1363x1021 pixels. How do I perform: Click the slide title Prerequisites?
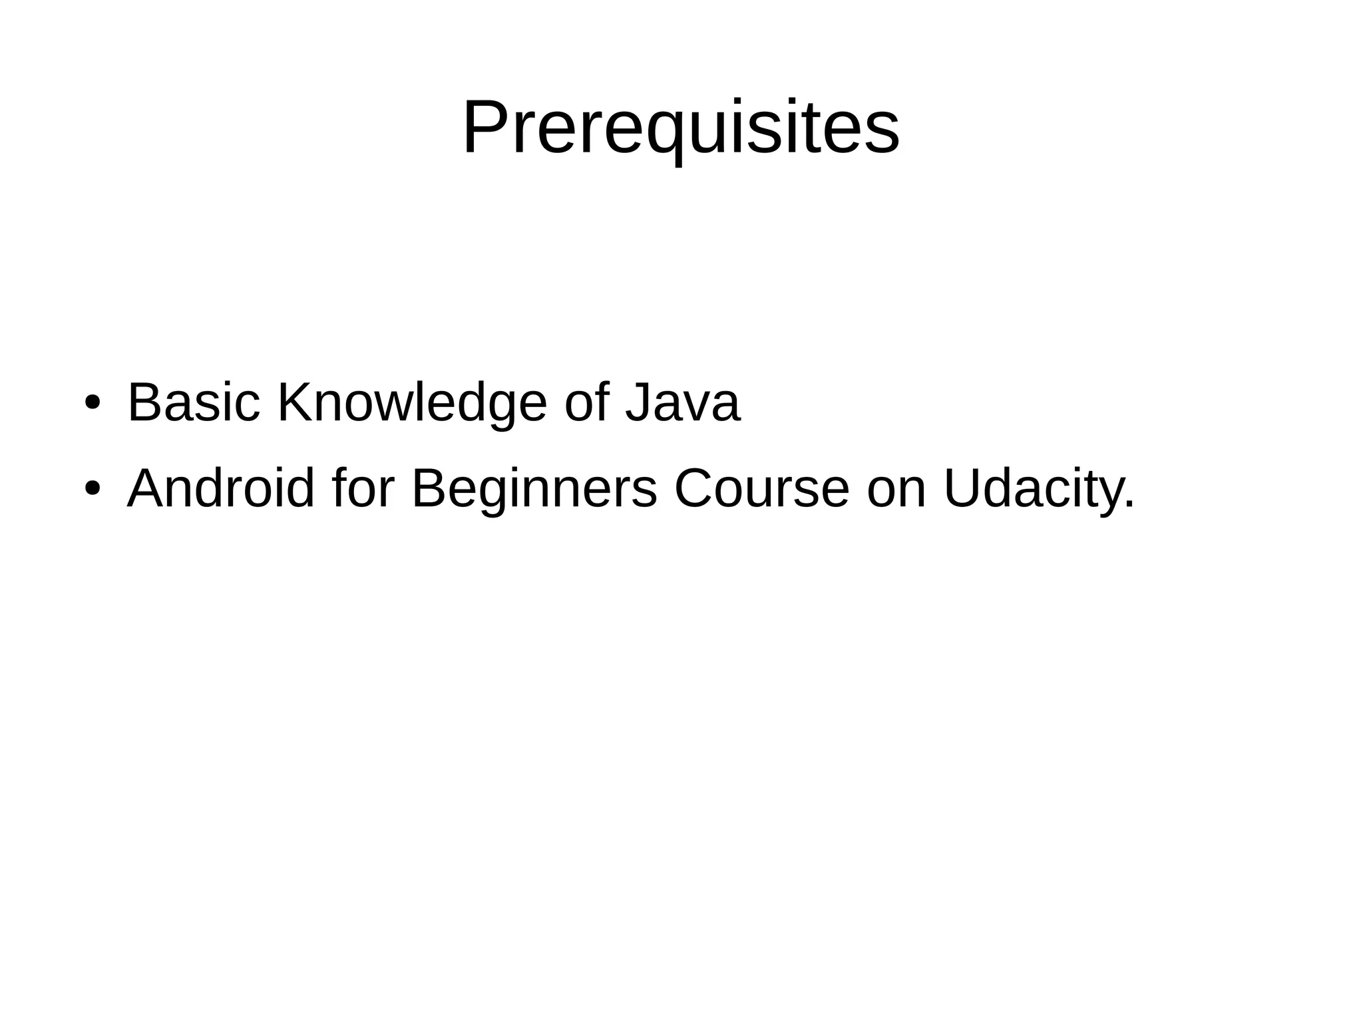click(x=681, y=127)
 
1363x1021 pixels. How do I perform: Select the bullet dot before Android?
click(x=92, y=489)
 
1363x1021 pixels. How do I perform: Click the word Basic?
click(x=193, y=402)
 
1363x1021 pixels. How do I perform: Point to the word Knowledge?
click(x=411, y=404)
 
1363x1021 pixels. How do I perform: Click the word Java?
click(x=682, y=403)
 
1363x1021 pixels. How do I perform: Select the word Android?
click(x=220, y=488)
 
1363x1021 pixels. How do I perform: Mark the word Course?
click(x=761, y=488)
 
